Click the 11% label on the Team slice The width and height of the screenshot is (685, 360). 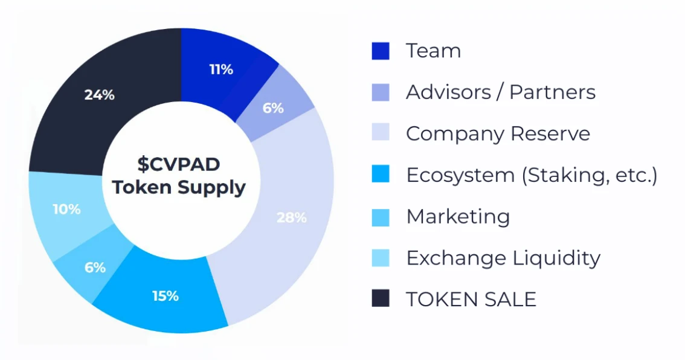[x=221, y=69]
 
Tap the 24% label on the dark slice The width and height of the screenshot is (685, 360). [x=100, y=95]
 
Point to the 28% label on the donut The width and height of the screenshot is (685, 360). [x=291, y=217]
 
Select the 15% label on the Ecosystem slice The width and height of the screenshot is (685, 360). [x=165, y=296]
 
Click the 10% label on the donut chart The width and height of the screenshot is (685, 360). [x=66, y=209]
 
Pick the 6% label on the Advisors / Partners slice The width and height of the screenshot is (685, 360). [x=273, y=108]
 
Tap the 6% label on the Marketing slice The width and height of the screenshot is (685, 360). [x=95, y=267]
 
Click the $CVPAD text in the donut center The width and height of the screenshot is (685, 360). [x=179, y=164]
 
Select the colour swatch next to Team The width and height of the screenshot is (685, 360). [x=381, y=51]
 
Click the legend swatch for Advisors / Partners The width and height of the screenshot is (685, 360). [x=381, y=92]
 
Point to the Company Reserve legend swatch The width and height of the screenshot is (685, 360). [x=381, y=133]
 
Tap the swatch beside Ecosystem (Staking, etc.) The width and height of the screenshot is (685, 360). [x=381, y=175]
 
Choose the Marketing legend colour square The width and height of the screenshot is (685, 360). [x=381, y=216]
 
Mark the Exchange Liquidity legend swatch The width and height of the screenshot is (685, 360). [x=381, y=258]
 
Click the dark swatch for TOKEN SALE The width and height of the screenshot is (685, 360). [x=381, y=299]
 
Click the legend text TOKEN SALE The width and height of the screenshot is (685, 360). [x=471, y=299]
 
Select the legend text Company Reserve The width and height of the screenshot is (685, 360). [x=498, y=133]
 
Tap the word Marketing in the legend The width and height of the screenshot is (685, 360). [x=458, y=216]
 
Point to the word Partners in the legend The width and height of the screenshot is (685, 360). [x=552, y=92]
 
